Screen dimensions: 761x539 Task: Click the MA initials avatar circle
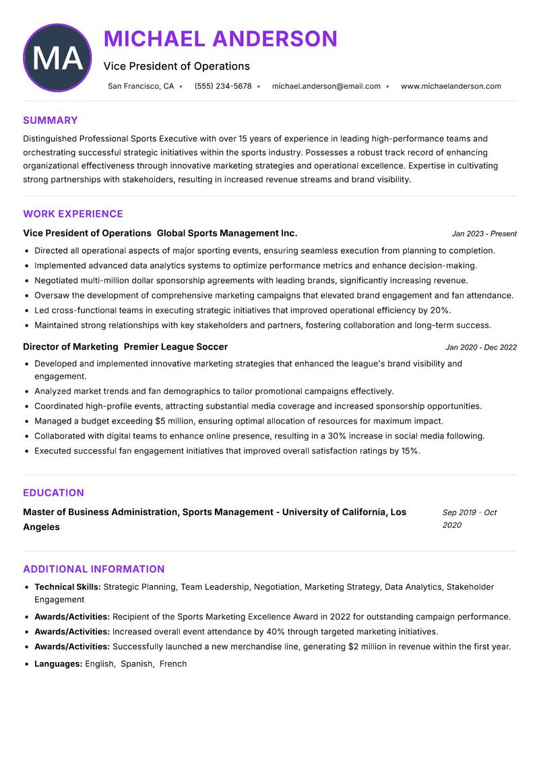(x=57, y=58)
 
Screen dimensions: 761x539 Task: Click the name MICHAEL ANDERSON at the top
(x=220, y=39)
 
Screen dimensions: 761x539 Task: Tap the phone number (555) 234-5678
(x=223, y=86)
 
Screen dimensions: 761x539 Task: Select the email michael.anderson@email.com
(x=326, y=86)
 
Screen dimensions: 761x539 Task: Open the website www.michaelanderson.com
(x=451, y=86)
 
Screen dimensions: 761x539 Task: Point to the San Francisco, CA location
(x=141, y=86)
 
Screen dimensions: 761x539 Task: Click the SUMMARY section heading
(x=51, y=121)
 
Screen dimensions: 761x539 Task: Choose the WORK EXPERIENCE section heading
(x=73, y=214)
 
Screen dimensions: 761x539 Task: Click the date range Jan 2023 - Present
(x=484, y=234)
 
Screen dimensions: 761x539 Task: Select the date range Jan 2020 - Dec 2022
(x=481, y=348)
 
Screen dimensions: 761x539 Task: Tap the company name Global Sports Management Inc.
(x=227, y=233)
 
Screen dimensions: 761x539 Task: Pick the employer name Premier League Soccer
(x=176, y=347)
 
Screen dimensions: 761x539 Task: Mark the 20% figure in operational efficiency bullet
(x=440, y=310)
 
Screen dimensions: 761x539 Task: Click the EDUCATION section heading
(x=54, y=493)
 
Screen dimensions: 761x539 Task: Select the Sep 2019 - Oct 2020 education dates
(x=469, y=519)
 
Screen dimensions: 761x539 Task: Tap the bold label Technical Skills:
(x=67, y=587)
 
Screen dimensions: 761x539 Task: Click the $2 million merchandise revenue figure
(x=370, y=647)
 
